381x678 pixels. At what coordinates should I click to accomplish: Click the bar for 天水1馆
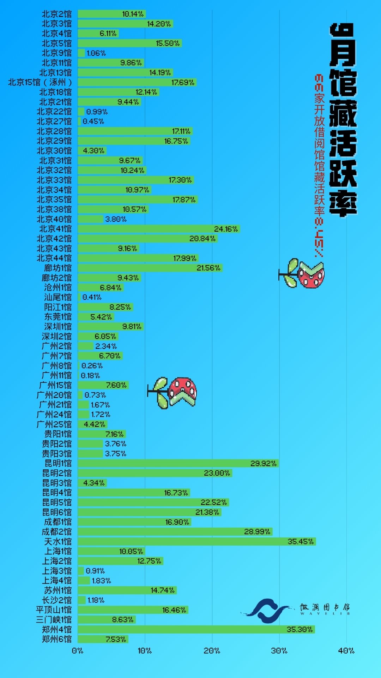(x=196, y=541)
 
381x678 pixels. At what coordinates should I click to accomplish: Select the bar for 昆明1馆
(x=178, y=463)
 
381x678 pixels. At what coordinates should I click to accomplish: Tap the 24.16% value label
(x=226, y=229)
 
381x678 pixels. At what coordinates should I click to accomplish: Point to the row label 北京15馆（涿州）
(x=40, y=82)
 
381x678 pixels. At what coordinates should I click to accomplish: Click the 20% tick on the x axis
(x=212, y=650)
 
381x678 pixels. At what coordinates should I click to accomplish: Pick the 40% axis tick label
(x=346, y=650)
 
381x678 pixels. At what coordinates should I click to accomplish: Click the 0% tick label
(x=77, y=650)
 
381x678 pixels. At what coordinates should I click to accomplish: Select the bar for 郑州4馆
(x=196, y=629)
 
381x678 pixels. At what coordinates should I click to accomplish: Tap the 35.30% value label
(x=300, y=629)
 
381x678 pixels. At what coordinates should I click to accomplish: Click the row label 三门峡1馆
(x=54, y=619)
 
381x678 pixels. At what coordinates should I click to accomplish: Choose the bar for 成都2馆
(x=175, y=531)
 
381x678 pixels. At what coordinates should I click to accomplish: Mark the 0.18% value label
(x=90, y=375)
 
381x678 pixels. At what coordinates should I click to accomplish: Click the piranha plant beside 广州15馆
(x=173, y=392)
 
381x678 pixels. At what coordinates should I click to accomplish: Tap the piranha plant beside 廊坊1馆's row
(x=303, y=274)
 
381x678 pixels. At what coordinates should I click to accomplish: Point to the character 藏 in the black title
(x=343, y=113)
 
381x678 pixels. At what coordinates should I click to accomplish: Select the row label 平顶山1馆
(x=54, y=610)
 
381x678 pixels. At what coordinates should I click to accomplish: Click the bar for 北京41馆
(x=159, y=229)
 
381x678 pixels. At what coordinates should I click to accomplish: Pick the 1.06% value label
(x=96, y=53)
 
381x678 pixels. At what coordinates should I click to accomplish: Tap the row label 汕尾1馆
(x=58, y=297)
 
